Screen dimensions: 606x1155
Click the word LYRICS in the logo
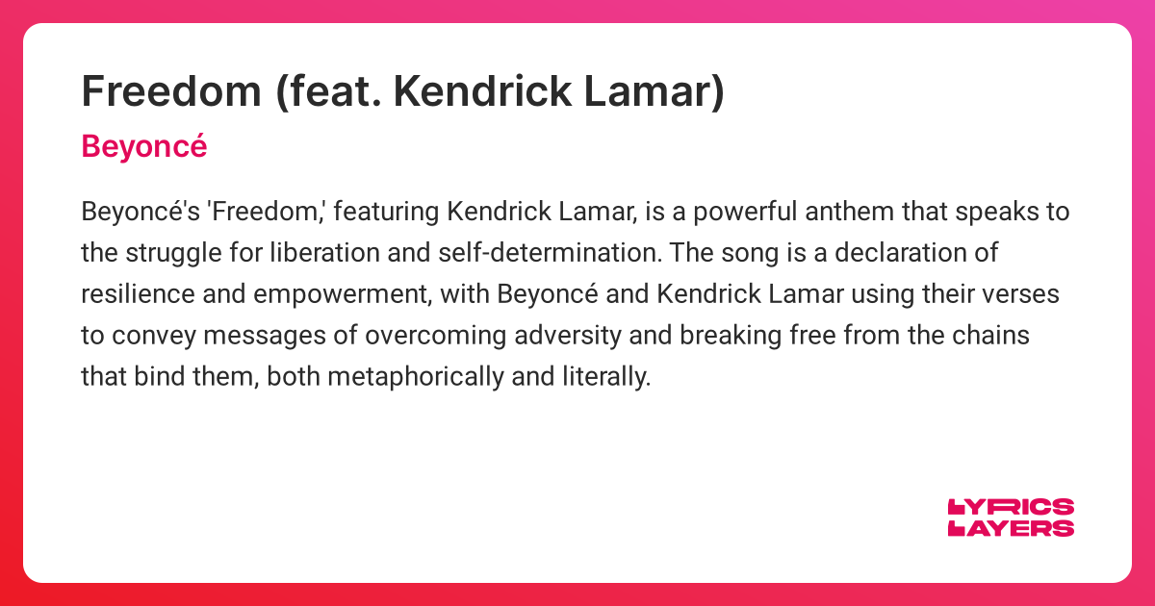point(1012,508)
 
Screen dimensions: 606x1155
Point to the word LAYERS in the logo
point(1012,528)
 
